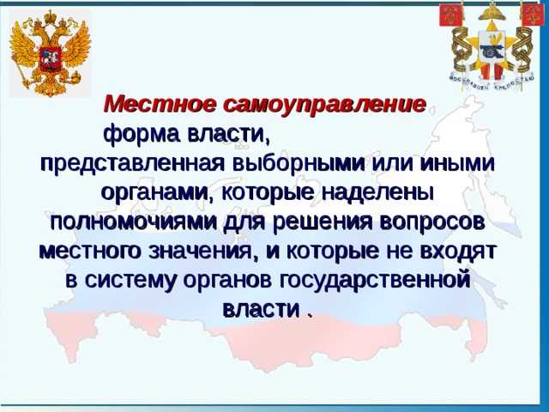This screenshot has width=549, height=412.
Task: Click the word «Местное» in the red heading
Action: pyautogui.click(x=145, y=104)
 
